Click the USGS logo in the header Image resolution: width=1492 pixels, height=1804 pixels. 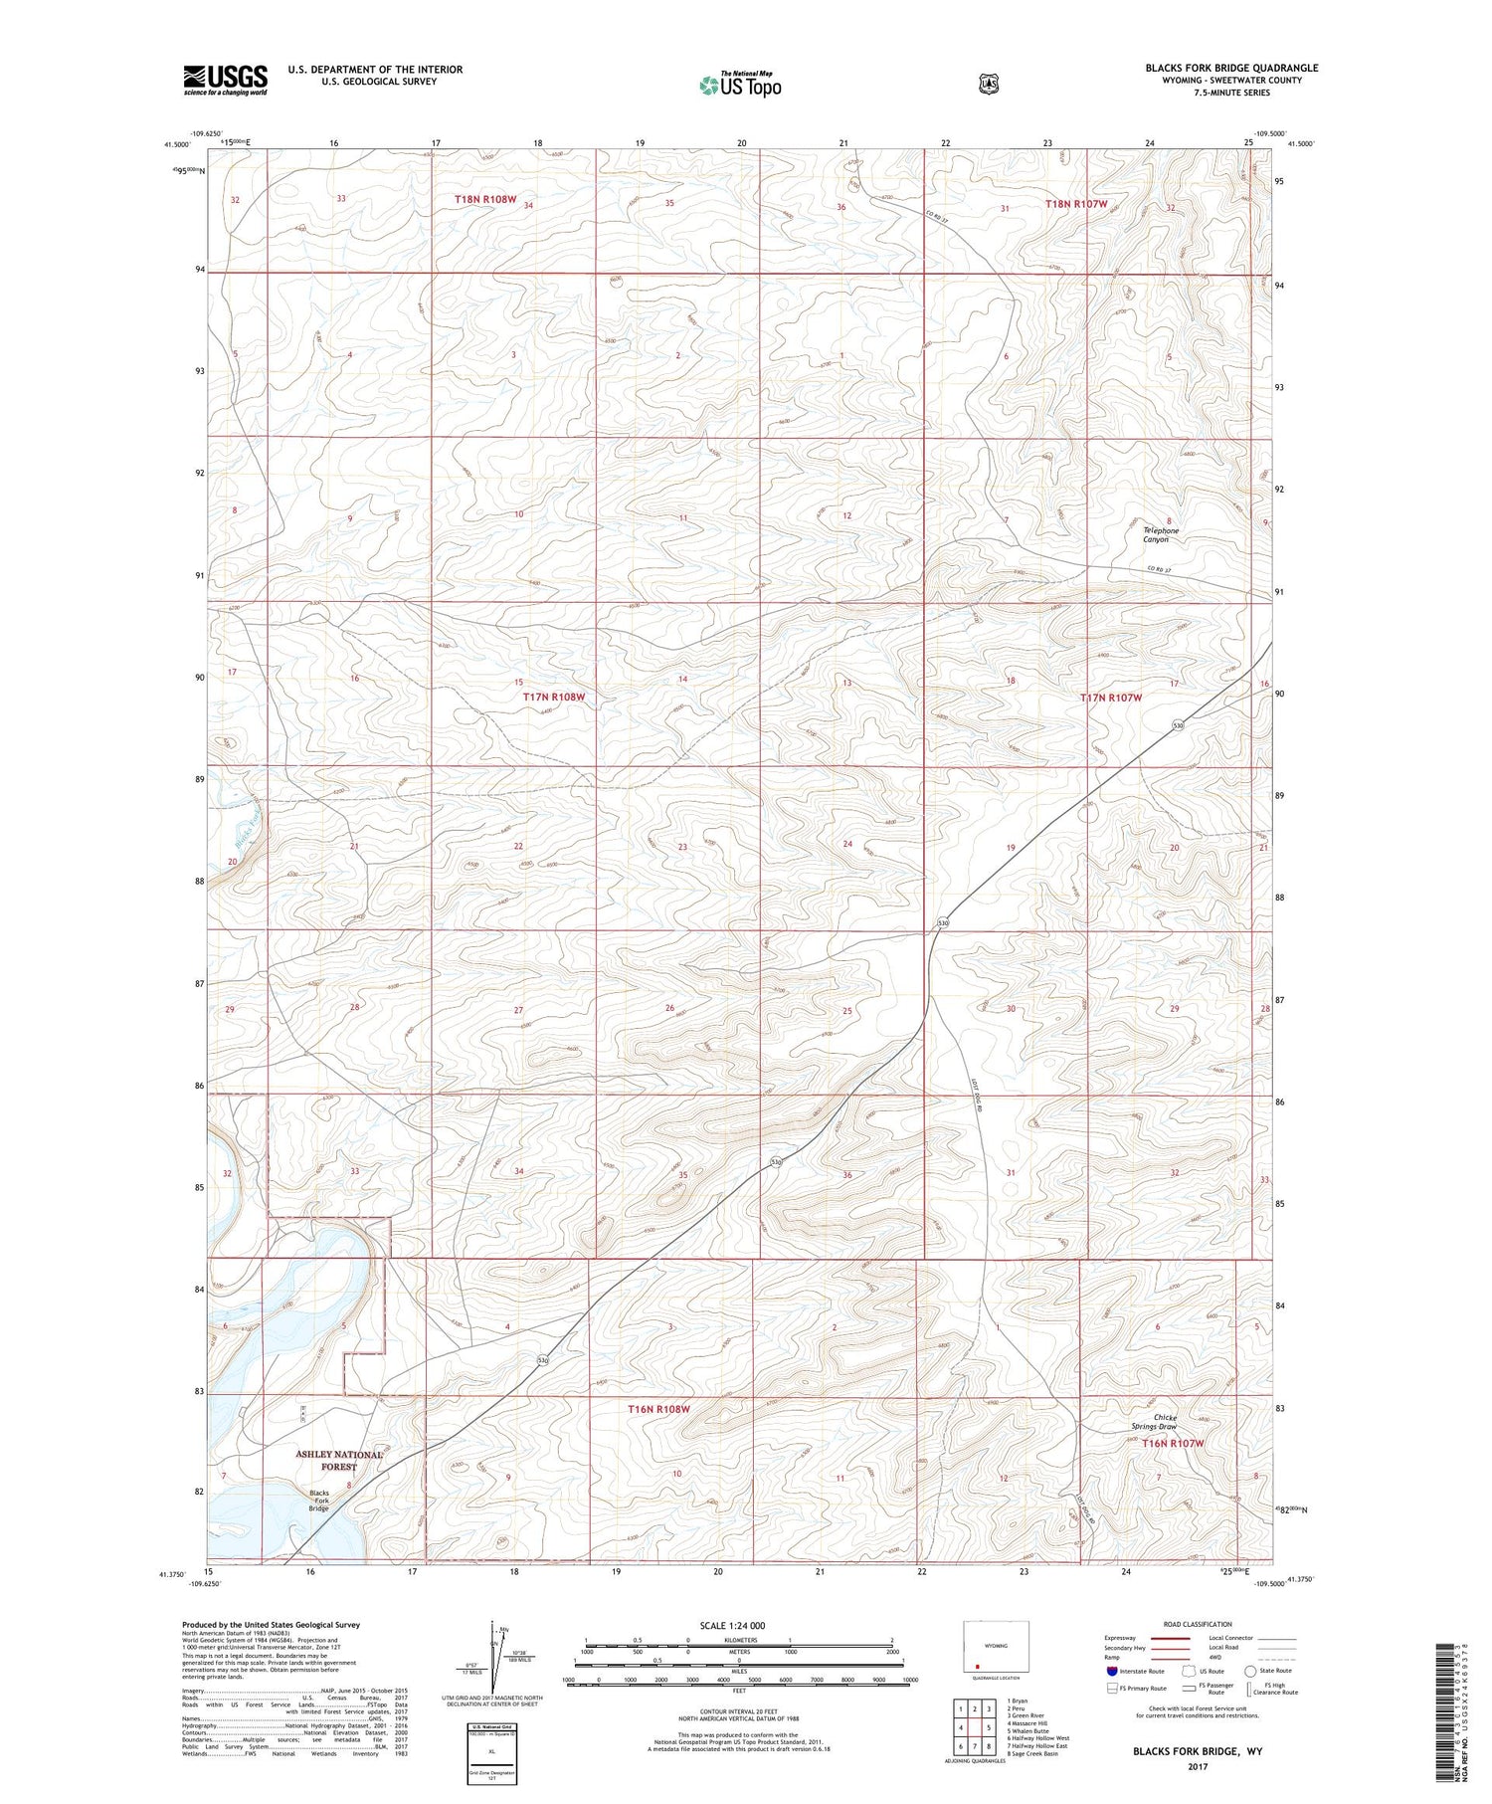[x=225, y=80]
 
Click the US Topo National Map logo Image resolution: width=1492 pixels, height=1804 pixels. [x=740, y=84]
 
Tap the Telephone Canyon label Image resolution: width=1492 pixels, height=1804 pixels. [x=1160, y=534]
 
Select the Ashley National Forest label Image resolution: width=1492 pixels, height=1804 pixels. [x=339, y=1460]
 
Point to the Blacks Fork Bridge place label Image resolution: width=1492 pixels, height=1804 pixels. [x=318, y=1501]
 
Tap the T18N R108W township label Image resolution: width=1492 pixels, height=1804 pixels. [x=485, y=200]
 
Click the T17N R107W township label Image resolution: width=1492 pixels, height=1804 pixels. [x=1111, y=699]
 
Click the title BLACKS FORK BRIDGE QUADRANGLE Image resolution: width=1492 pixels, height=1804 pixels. [x=1231, y=68]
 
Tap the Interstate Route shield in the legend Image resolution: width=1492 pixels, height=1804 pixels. [x=1111, y=1671]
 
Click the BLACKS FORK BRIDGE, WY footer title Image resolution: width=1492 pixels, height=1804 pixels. [x=1197, y=1750]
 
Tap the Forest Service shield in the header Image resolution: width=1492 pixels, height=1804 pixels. [x=988, y=85]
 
